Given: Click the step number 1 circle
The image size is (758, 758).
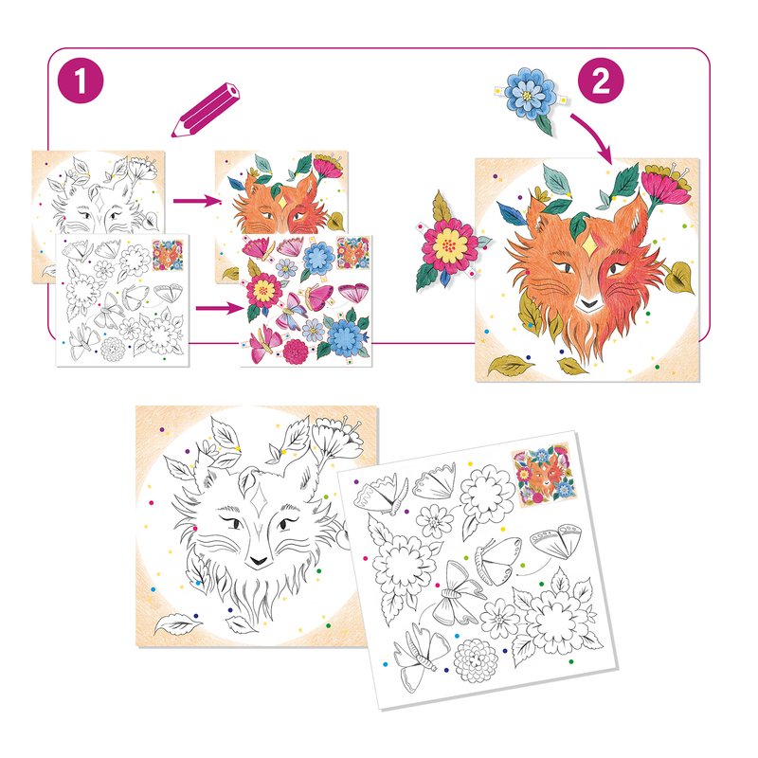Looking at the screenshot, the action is tap(81, 81).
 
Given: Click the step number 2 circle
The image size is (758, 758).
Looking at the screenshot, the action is tap(601, 81).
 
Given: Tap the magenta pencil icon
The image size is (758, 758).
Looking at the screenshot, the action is tap(206, 110).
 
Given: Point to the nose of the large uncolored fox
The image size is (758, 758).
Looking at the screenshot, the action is tap(258, 561).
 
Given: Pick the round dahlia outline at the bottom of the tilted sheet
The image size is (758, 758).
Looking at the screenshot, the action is tap(476, 659).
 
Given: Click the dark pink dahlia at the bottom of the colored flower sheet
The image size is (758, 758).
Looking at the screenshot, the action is tap(296, 352).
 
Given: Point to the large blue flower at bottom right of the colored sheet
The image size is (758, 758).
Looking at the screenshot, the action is tap(344, 334).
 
